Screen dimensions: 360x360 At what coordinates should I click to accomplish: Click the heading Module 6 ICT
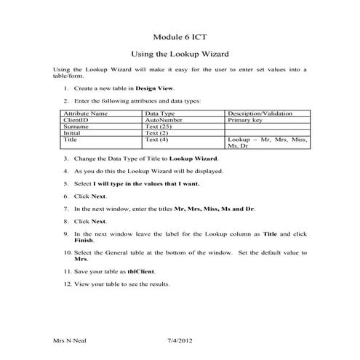click(179, 36)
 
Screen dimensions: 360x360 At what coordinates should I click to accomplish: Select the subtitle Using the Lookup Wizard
click(179, 54)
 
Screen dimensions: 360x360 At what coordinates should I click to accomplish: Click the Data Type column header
click(160, 114)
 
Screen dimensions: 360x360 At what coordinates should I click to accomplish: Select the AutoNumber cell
click(162, 120)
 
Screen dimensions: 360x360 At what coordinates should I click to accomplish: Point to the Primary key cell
click(249, 120)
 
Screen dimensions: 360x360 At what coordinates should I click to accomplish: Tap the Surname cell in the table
click(76, 127)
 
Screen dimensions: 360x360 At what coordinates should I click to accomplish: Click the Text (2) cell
click(157, 132)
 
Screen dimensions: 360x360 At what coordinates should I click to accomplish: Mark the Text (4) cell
click(157, 139)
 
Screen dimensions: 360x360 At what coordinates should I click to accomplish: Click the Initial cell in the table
click(72, 132)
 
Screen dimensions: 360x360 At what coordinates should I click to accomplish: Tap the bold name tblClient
click(143, 271)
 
